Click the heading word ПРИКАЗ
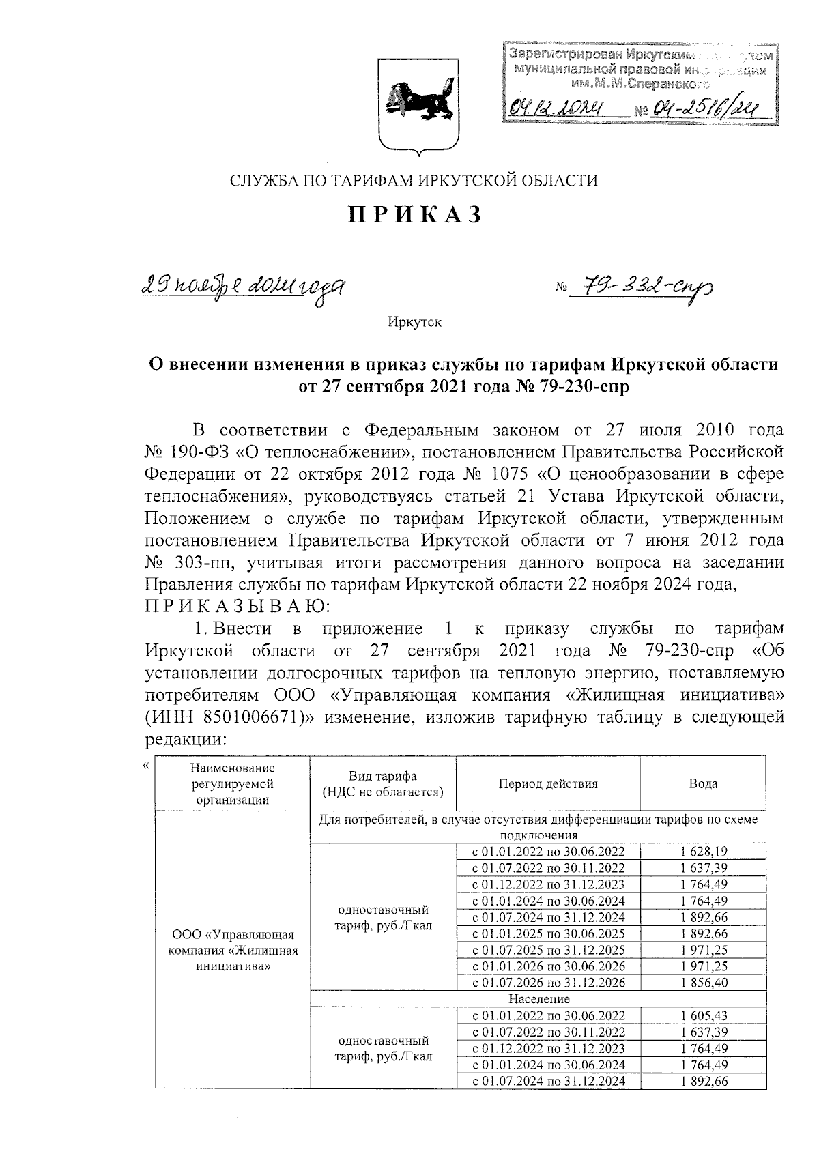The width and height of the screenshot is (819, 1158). pos(415,214)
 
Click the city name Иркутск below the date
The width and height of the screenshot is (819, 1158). pos(414,321)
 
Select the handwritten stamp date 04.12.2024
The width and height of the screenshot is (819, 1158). pos(559,107)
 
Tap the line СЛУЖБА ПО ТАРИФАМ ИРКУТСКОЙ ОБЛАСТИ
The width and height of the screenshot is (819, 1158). pos(414,180)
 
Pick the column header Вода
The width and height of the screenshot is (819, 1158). pos(703,783)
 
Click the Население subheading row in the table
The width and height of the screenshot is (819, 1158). pos(538,999)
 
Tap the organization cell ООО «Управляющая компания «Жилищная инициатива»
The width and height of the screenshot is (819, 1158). pos(233,950)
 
